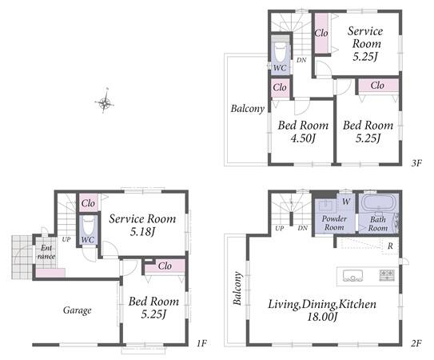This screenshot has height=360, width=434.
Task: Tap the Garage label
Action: coord(78,310)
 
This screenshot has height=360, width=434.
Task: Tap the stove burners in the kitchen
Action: coord(387,275)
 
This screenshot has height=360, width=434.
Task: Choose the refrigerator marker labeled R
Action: coord(390,246)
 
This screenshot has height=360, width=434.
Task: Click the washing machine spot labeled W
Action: coord(346,202)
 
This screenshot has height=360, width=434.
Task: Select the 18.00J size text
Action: coord(322,317)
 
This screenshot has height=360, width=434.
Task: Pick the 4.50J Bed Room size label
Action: coord(303,138)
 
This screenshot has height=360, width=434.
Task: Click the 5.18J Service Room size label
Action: coord(142,231)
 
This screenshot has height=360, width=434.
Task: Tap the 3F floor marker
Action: coord(416,163)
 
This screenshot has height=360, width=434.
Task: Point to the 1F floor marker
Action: coord(201,344)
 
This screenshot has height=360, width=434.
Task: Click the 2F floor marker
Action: coord(416,344)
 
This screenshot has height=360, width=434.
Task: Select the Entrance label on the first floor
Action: coord(46,252)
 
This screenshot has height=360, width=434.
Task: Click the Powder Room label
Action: coord(334,223)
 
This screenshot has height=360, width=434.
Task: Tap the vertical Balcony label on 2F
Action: coord(237,288)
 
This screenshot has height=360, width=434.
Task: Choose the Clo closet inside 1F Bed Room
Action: coord(165,266)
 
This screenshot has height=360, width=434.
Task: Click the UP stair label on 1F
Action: coord(66,239)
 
